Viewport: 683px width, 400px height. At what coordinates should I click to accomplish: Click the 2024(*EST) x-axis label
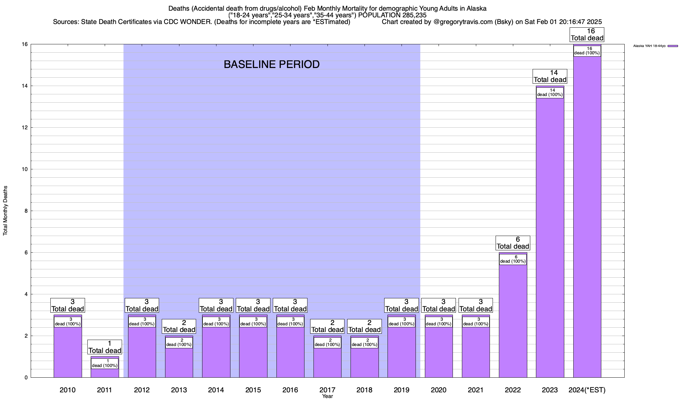pyautogui.click(x=587, y=390)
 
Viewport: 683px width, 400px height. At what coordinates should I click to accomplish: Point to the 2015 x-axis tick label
pyautogui.click(x=253, y=390)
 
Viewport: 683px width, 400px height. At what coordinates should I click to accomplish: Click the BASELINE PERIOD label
pyautogui.click(x=271, y=64)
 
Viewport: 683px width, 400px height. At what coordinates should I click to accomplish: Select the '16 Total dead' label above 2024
pyautogui.click(x=587, y=35)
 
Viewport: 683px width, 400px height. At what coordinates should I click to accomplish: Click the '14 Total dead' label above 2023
pyautogui.click(x=550, y=76)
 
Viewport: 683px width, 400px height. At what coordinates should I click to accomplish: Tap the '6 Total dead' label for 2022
pyautogui.click(x=513, y=243)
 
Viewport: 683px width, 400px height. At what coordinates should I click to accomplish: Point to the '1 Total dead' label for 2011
pyautogui.click(x=105, y=347)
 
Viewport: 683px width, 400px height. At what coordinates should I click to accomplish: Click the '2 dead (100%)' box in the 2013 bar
pyautogui.click(x=179, y=343)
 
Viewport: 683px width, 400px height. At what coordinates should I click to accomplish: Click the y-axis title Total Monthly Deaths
pyautogui.click(x=5, y=211)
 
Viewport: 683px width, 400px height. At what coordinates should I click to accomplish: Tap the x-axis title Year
pyautogui.click(x=327, y=396)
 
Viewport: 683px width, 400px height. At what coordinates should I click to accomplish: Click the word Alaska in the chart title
pyautogui.click(x=477, y=8)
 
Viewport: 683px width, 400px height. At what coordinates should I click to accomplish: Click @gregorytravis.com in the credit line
pyautogui.click(x=463, y=22)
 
